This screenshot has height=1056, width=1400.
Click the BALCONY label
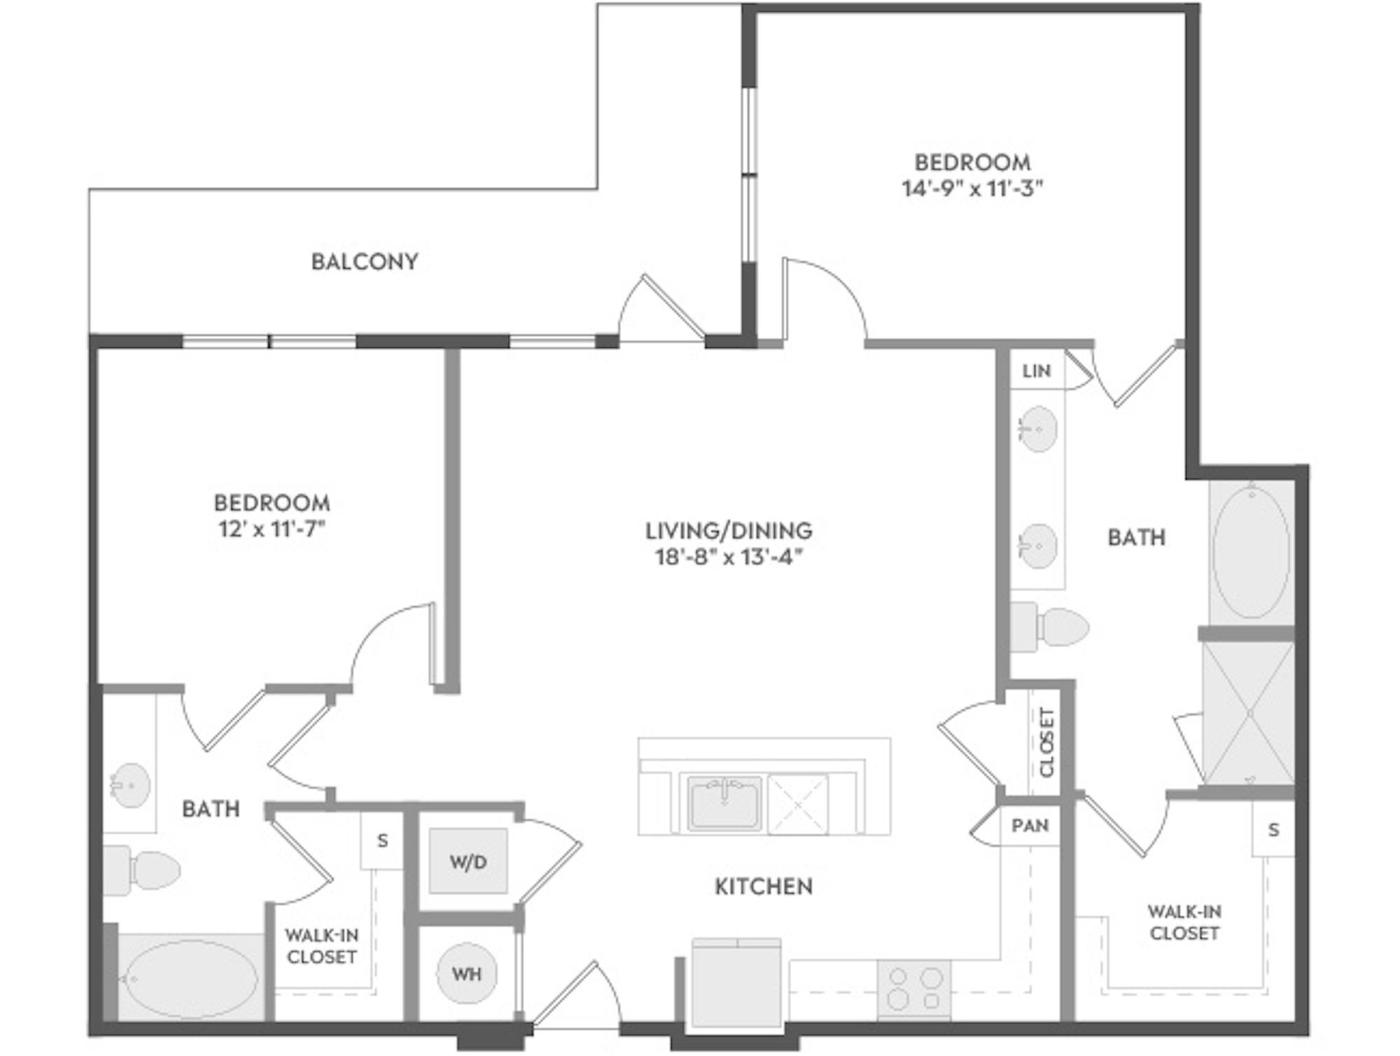coord(365,262)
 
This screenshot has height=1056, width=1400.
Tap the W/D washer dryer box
coord(468,861)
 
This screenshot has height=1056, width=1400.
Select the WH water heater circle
coord(467,973)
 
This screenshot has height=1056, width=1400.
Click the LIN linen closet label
coord(1037,370)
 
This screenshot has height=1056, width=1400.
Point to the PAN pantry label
coord(1030,826)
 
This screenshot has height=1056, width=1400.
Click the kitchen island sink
coord(724,803)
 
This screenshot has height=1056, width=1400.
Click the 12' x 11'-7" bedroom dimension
coord(272,529)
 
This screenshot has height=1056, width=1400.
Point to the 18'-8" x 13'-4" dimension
coord(729,557)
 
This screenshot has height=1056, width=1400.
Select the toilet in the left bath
coord(142,870)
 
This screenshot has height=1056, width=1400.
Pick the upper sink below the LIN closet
coord(1037,429)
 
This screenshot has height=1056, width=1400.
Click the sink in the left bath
coord(130,785)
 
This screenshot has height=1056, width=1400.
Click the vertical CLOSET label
coord(1046,742)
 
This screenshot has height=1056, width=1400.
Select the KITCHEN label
coord(764,887)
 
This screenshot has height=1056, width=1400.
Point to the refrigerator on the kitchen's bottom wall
coord(736,984)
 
